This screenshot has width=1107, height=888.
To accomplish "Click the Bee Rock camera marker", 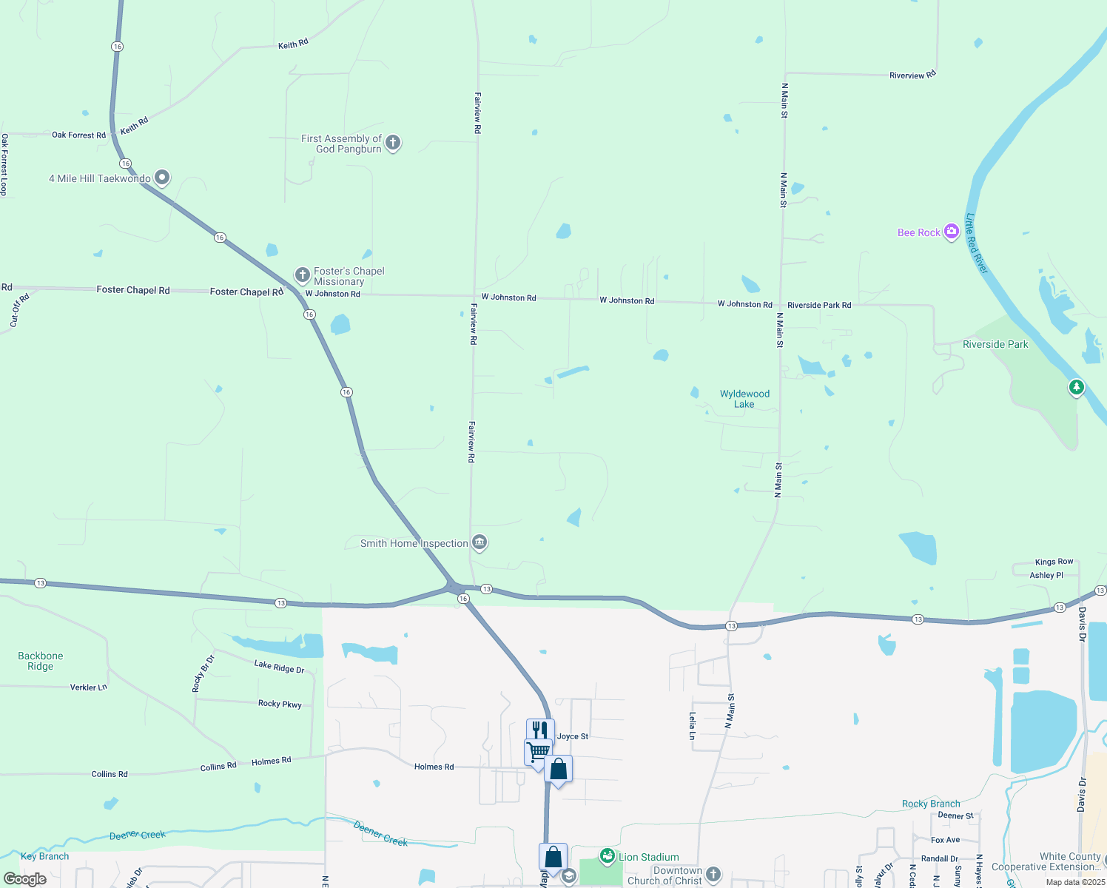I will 951,232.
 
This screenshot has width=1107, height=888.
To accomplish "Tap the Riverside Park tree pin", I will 1076,386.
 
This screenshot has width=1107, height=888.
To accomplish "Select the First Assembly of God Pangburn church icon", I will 393,142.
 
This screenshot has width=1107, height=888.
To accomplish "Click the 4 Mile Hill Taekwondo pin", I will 162,178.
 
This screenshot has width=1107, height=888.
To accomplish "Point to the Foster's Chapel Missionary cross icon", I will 302,275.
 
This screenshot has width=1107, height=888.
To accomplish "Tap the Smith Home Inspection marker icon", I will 480,542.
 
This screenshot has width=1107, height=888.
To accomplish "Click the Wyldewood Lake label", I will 744,399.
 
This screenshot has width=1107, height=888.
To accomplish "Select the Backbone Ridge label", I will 41,661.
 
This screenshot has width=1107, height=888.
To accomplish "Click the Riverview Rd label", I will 912,75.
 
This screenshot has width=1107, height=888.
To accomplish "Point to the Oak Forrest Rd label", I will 78,135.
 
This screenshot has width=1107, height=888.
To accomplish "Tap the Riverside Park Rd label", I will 819,305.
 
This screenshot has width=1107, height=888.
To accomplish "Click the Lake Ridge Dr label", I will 279,667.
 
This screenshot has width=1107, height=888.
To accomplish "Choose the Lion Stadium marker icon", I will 608,856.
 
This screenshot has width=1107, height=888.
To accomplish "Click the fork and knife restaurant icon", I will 540,730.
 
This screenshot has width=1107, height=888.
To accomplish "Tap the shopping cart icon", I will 538,751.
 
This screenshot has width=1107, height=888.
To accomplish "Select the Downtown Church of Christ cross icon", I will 713,875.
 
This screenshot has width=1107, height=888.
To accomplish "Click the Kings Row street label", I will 1054,562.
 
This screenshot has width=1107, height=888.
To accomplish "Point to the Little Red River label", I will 977,243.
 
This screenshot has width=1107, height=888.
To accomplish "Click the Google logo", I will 25,879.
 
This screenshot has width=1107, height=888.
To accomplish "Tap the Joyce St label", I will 573,736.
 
